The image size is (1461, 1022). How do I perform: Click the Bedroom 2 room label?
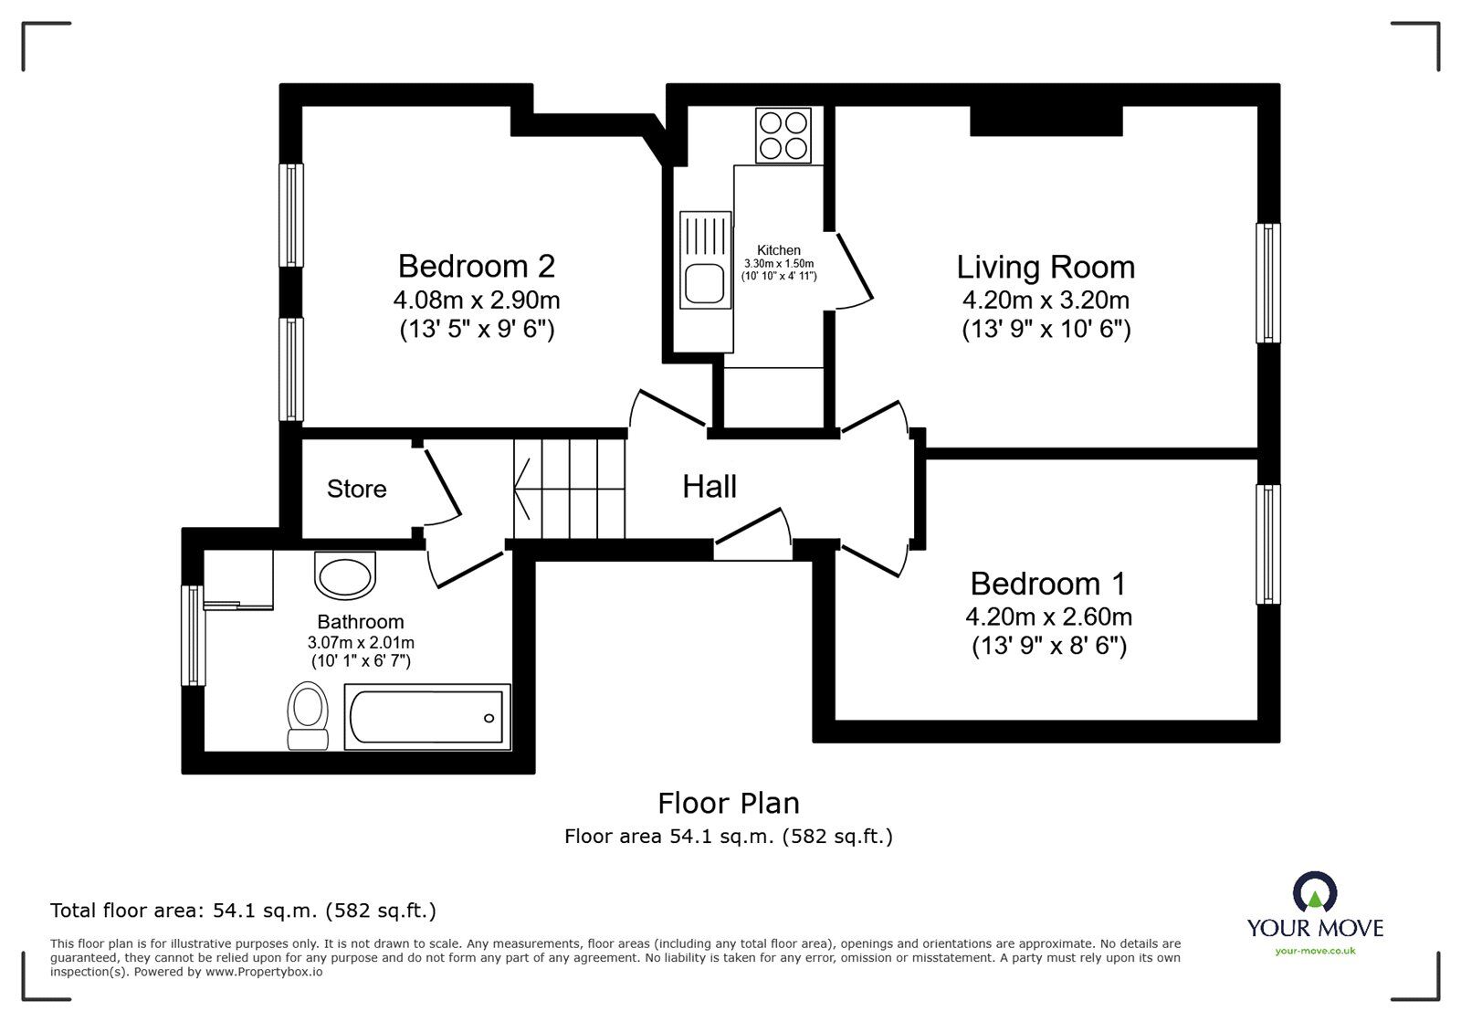pyautogui.click(x=476, y=266)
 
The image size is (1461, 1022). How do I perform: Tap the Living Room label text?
pyautogui.click(x=1046, y=268)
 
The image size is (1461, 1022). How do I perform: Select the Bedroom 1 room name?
pyautogui.click(x=1048, y=584)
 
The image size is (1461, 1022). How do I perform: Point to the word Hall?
pyautogui.click(x=709, y=487)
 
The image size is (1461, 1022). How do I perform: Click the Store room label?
pyautogui.click(x=357, y=490)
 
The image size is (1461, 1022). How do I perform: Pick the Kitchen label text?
pyautogui.click(x=779, y=250)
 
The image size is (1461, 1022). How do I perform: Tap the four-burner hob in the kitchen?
pyautogui.click(x=783, y=136)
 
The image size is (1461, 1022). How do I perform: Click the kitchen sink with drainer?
pyautogui.click(x=705, y=259)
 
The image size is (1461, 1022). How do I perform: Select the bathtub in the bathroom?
pyautogui.click(x=427, y=717)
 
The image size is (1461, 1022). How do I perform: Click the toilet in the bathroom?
pyautogui.click(x=308, y=715)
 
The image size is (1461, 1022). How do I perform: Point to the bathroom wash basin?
pyautogui.click(x=345, y=575)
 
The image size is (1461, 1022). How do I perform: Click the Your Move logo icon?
pyautogui.click(x=1315, y=892)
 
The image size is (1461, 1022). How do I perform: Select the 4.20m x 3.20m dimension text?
pyautogui.click(x=1046, y=300)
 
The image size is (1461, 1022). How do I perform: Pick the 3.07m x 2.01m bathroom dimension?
pyautogui.click(x=361, y=642)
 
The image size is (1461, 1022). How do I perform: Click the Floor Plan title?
pyautogui.click(x=729, y=804)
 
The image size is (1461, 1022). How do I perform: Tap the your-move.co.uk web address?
pyautogui.click(x=1315, y=951)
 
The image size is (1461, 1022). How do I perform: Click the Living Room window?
pyautogui.click(x=1268, y=283)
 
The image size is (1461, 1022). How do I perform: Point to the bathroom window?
pyautogui.click(x=193, y=636)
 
